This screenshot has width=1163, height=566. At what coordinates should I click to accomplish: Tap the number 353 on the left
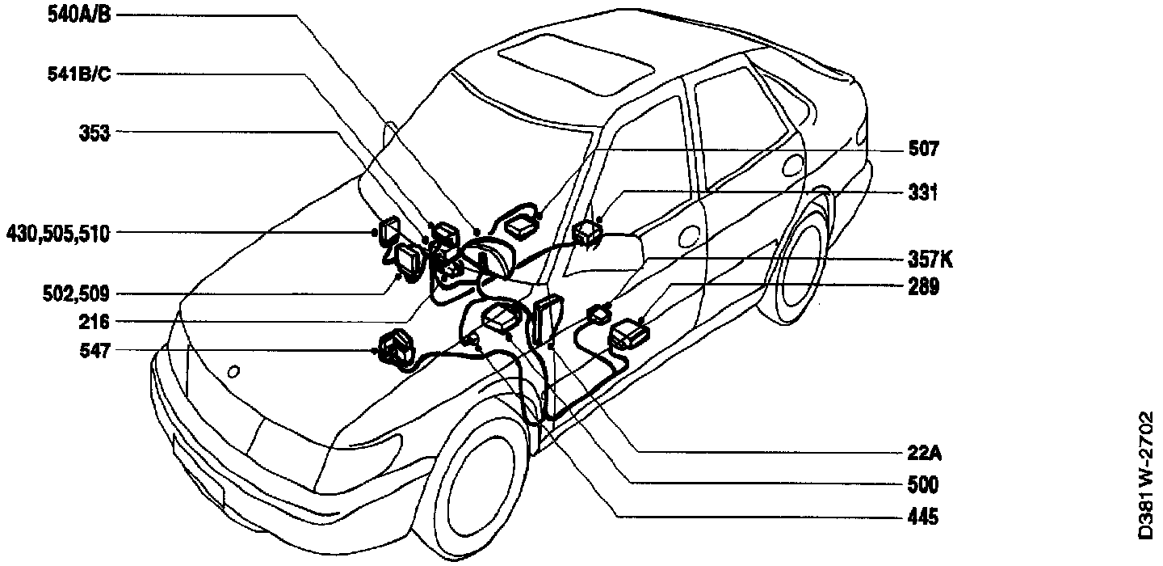tap(94, 133)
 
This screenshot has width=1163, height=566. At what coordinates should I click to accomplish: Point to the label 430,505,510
tap(58, 234)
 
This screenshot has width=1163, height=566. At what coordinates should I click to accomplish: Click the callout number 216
tap(94, 322)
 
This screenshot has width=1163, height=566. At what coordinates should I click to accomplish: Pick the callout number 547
tap(94, 351)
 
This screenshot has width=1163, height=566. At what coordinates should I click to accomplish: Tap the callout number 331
tap(922, 193)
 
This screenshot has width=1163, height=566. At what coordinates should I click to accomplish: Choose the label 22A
tap(924, 454)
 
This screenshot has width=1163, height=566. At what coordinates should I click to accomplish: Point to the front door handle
tap(688, 235)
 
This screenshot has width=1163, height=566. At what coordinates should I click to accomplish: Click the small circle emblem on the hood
tap(233, 372)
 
